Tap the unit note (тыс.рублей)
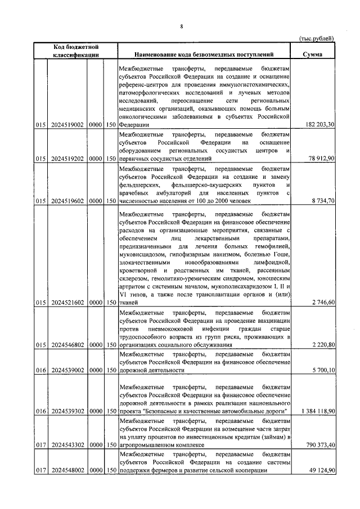coord(315,38)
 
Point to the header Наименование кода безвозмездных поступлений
coord(204,55)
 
